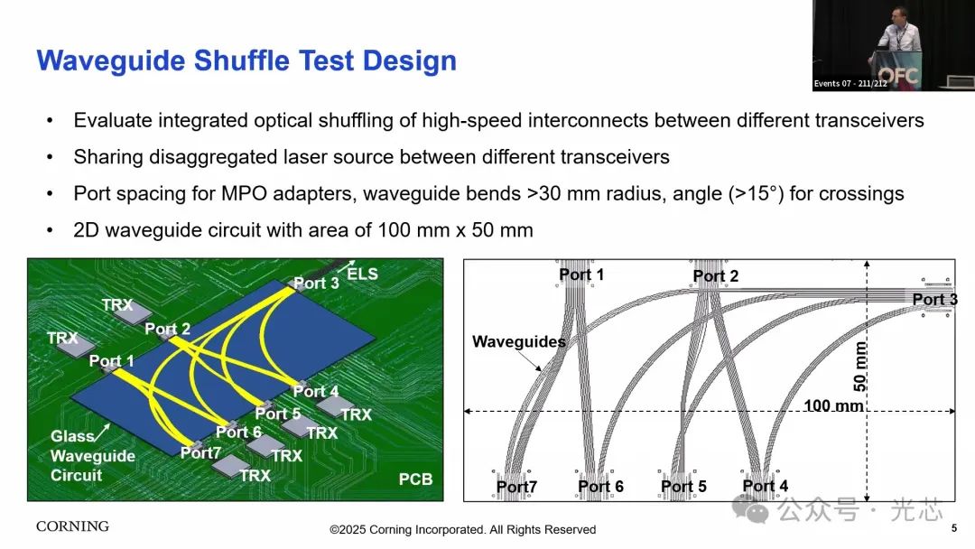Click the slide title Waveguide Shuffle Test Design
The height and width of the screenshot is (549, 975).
point(246,60)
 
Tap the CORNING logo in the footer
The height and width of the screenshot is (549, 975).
point(73,526)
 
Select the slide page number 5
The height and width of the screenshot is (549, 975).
point(954,528)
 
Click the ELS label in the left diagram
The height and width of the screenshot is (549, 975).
point(362,274)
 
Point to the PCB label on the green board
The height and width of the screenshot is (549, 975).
point(415,479)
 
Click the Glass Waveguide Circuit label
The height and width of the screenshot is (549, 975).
point(92,456)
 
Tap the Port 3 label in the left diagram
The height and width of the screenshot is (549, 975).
point(316,283)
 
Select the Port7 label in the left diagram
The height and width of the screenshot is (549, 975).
point(200,452)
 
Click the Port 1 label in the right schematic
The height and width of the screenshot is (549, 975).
point(581,274)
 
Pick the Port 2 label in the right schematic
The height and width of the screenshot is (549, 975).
point(716,276)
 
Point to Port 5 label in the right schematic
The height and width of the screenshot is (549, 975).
point(683,486)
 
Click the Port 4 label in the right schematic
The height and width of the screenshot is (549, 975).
point(766,486)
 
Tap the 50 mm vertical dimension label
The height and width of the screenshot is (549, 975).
point(860,367)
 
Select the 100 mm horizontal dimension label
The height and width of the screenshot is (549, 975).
point(833,406)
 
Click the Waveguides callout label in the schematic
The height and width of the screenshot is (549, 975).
point(518,341)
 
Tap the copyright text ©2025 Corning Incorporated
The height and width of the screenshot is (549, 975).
point(462,530)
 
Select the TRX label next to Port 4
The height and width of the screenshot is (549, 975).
point(356,414)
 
